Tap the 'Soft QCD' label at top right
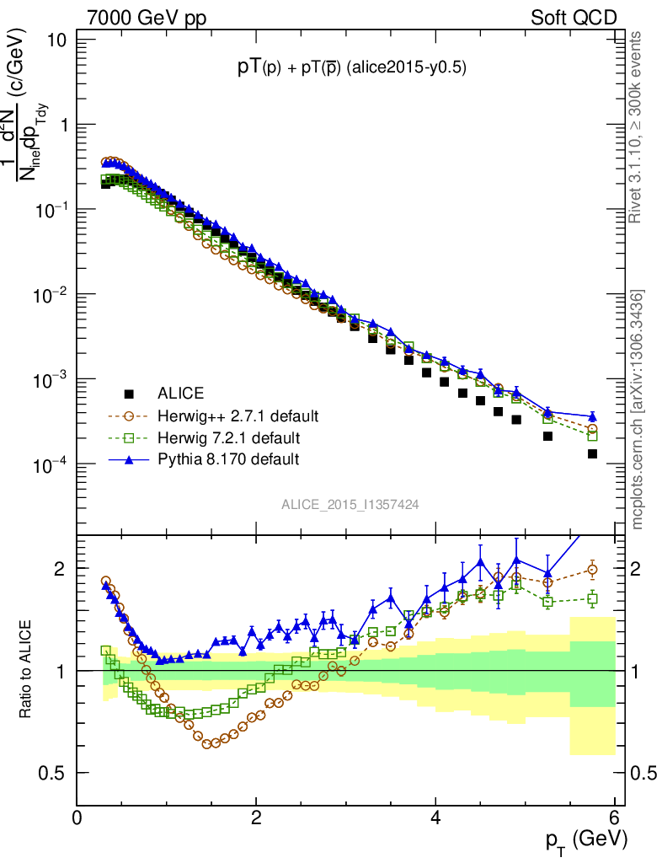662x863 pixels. pyautogui.click(x=574, y=17)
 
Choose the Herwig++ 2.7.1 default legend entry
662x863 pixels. pyautogui.click(x=237, y=416)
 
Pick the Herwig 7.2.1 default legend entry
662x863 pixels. pyautogui.click(x=228, y=438)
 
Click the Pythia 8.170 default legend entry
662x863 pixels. pyautogui.click(x=228, y=460)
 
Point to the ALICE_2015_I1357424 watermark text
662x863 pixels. pyautogui.click(x=350, y=504)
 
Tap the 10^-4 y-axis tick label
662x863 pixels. pyautogui.click(x=56, y=464)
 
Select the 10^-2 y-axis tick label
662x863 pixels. pyautogui.click(x=56, y=294)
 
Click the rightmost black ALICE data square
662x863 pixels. pyautogui.click(x=592, y=453)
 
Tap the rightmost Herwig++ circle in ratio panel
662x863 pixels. pyautogui.click(x=592, y=570)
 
